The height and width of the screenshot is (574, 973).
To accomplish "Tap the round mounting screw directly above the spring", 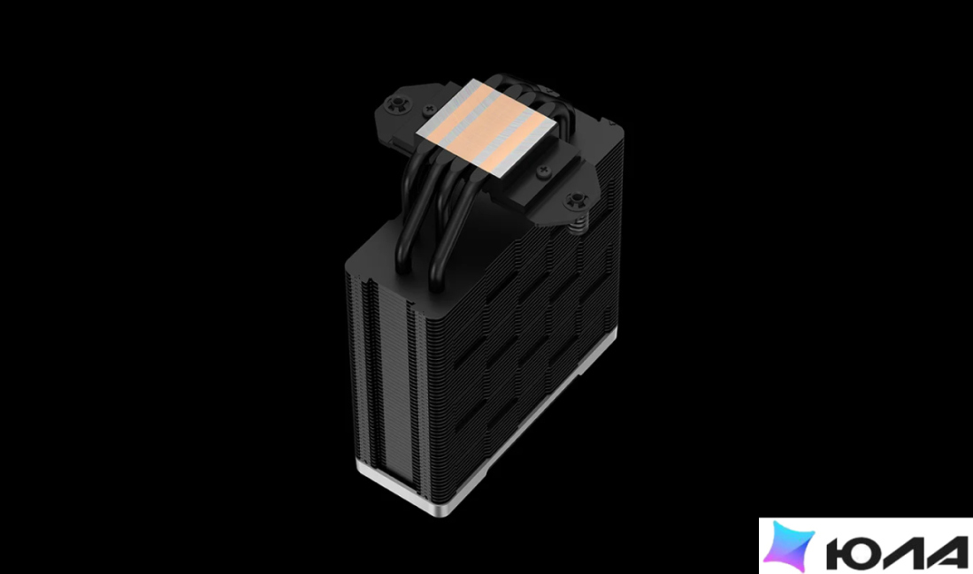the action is pos(577,200).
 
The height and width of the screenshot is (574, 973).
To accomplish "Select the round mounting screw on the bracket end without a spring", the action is pos(394,104).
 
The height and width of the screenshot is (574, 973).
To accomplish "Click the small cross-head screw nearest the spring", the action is pos(544,170).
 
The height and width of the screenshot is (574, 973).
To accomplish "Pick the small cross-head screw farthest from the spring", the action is pos(428,111).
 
